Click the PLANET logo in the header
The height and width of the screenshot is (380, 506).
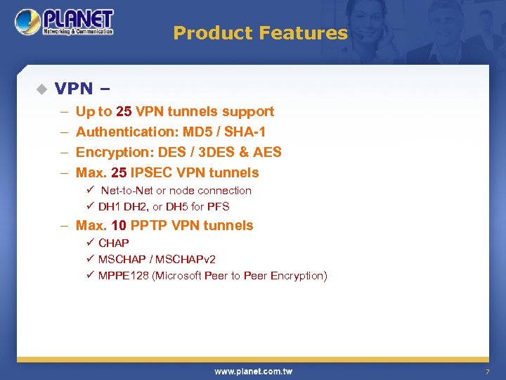pos(65,22)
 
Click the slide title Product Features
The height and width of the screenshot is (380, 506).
pos(260,33)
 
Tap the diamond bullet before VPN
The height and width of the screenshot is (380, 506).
pos(41,89)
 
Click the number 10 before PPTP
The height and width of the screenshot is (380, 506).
pos(119,225)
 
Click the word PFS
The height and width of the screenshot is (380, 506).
pos(218,207)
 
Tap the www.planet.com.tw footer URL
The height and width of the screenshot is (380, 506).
pos(253,371)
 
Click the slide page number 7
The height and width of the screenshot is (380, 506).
pos(486,372)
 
